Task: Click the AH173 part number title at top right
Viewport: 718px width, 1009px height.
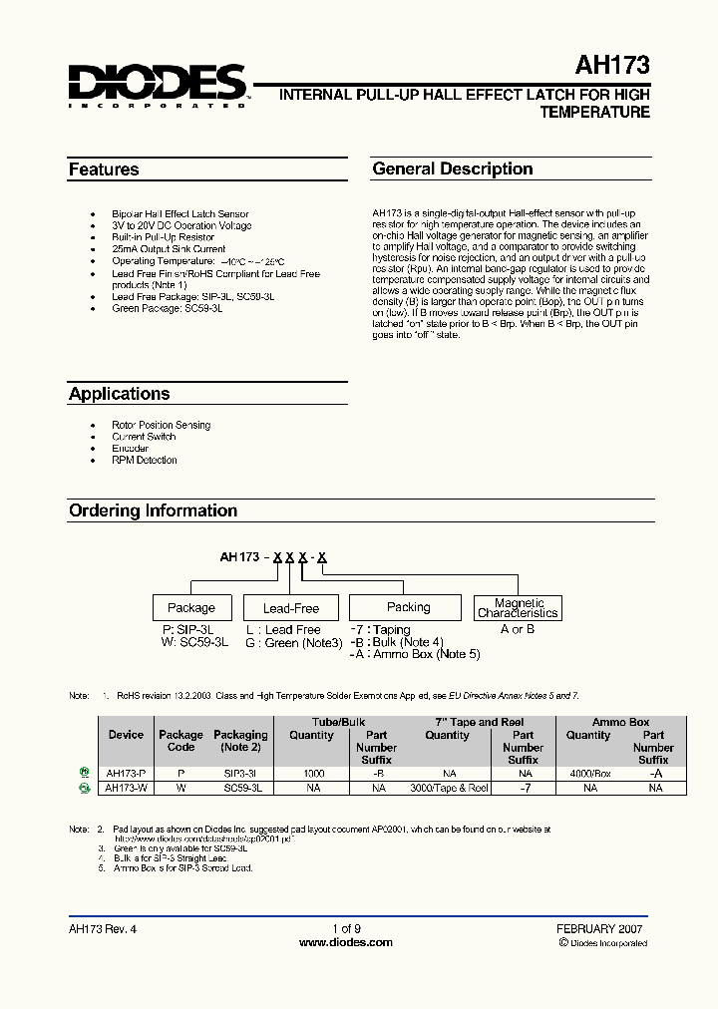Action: tap(611, 66)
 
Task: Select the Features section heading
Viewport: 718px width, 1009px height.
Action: tap(104, 169)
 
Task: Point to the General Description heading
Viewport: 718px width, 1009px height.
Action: tap(453, 169)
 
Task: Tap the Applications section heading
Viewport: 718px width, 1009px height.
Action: tap(119, 394)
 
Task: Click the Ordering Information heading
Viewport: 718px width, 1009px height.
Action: tap(153, 510)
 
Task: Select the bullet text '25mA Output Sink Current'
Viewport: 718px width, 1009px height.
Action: tap(169, 249)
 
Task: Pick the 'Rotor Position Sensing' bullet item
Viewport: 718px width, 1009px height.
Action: tap(161, 425)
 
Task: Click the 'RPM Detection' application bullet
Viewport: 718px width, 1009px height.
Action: tap(145, 461)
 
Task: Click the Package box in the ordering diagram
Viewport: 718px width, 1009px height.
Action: tap(191, 607)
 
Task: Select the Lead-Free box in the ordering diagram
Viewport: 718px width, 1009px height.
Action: tap(291, 608)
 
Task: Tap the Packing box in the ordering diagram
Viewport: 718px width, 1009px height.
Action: tap(408, 607)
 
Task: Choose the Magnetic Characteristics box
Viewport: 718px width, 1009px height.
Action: tap(519, 608)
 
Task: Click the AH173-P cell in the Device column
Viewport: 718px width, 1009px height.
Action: tap(126, 773)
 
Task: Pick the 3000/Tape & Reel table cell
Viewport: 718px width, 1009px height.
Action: tap(449, 788)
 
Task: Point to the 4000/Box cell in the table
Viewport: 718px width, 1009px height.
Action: tap(588, 773)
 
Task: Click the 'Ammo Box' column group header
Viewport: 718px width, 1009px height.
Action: tap(620, 722)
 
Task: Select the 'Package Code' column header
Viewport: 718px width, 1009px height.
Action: tap(180, 741)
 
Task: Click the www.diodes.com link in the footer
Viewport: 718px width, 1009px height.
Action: tap(345, 942)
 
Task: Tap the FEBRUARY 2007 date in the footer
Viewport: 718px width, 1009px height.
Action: tap(599, 928)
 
